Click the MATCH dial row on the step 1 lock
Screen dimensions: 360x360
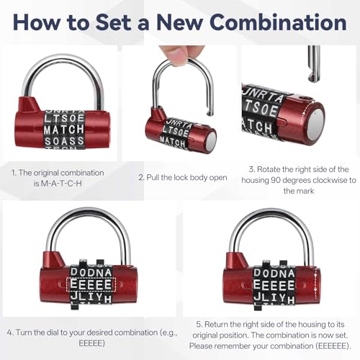pyautogui.click(x=64, y=130)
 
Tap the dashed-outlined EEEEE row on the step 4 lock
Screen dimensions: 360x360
pyautogui.click(x=90, y=283)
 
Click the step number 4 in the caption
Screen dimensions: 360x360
pyautogui.click(x=9, y=332)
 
